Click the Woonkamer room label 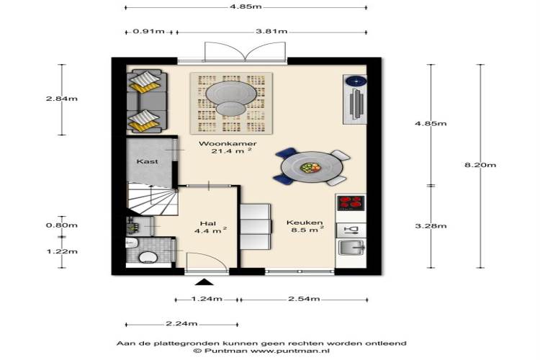228,144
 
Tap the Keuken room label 305,222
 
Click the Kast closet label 147,161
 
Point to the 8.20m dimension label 480,165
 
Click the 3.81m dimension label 271,32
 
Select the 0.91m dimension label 149,32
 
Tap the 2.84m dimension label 62,99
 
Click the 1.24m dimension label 207,299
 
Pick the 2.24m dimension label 181,323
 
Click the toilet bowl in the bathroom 148,257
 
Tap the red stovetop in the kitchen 351,202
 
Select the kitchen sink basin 351,247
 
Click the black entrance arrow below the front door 204,282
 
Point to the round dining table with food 312,167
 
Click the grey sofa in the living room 147,101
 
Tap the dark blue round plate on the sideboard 356,81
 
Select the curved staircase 152,199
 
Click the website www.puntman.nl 290,351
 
